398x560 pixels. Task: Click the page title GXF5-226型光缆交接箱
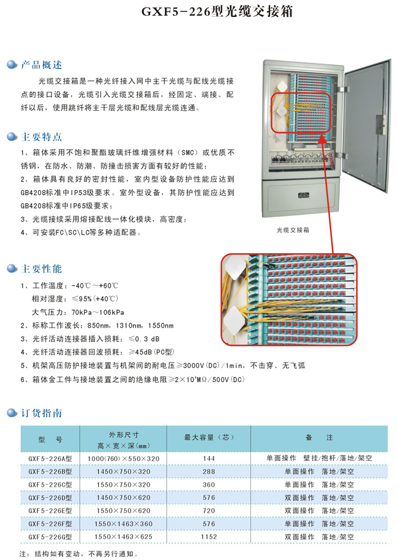coord(217,12)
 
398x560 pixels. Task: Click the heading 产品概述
coord(42,65)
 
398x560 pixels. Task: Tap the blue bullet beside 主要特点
coord(12,137)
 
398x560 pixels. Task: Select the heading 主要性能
coord(42,268)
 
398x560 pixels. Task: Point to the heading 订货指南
coord(42,413)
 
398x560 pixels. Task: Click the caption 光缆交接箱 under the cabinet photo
coord(293,230)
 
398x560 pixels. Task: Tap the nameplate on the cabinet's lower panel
coord(303,196)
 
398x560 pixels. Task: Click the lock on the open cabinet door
coord(380,125)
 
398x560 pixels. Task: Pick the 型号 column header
coord(50,440)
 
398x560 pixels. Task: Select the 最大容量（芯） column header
coord(209,438)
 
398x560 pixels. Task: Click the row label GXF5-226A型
coord(50,459)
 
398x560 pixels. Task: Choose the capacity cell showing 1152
coord(209,537)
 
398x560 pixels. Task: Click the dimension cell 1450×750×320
coord(123,472)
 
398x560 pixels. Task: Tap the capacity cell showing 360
coord(209,485)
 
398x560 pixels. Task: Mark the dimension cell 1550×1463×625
coord(123,537)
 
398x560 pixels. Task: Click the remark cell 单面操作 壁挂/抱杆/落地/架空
coord(319,459)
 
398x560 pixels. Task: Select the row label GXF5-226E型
coord(50,510)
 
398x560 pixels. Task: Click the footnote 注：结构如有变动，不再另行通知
coord(78,554)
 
